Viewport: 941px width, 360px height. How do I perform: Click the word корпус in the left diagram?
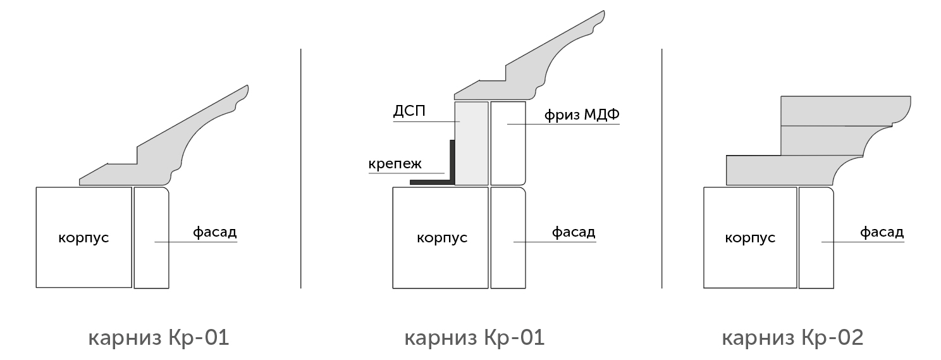(83, 238)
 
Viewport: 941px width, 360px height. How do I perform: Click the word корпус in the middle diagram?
(442, 238)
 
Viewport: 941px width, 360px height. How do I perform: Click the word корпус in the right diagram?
(750, 238)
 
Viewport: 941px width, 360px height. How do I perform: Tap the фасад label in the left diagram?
(214, 232)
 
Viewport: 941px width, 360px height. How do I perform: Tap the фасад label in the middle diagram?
(574, 232)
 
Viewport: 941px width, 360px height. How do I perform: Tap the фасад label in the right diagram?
(882, 232)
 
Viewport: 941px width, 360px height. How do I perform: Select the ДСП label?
(409, 111)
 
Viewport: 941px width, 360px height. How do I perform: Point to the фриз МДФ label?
(582, 115)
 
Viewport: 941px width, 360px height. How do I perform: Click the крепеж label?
(395, 163)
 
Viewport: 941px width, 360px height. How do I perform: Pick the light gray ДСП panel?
(471, 143)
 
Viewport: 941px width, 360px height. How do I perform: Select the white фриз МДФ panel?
(508, 143)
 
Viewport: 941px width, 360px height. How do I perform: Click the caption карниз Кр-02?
(792, 337)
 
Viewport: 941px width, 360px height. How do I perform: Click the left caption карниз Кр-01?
(159, 337)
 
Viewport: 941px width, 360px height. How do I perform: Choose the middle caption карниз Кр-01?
(474, 337)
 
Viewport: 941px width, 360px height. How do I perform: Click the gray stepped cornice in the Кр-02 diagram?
(819, 140)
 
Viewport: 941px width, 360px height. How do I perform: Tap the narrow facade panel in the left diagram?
(151, 238)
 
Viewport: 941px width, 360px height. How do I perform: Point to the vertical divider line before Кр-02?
(661, 168)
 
